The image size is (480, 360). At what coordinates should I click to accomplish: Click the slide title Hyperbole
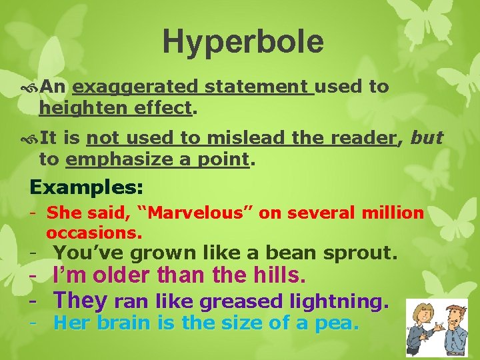[x=243, y=41]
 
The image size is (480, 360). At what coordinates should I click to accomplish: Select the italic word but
[x=427, y=137]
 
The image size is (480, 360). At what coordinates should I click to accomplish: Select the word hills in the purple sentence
[x=273, y=275]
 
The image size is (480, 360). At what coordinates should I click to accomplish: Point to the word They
[x=80, y=301]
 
